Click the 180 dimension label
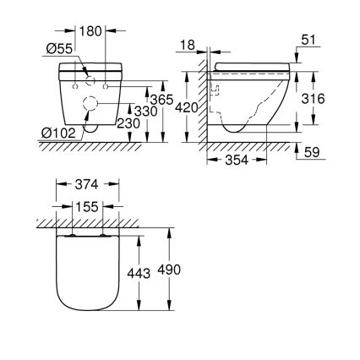[x=91, y=31]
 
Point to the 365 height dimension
[x=150, y=100]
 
